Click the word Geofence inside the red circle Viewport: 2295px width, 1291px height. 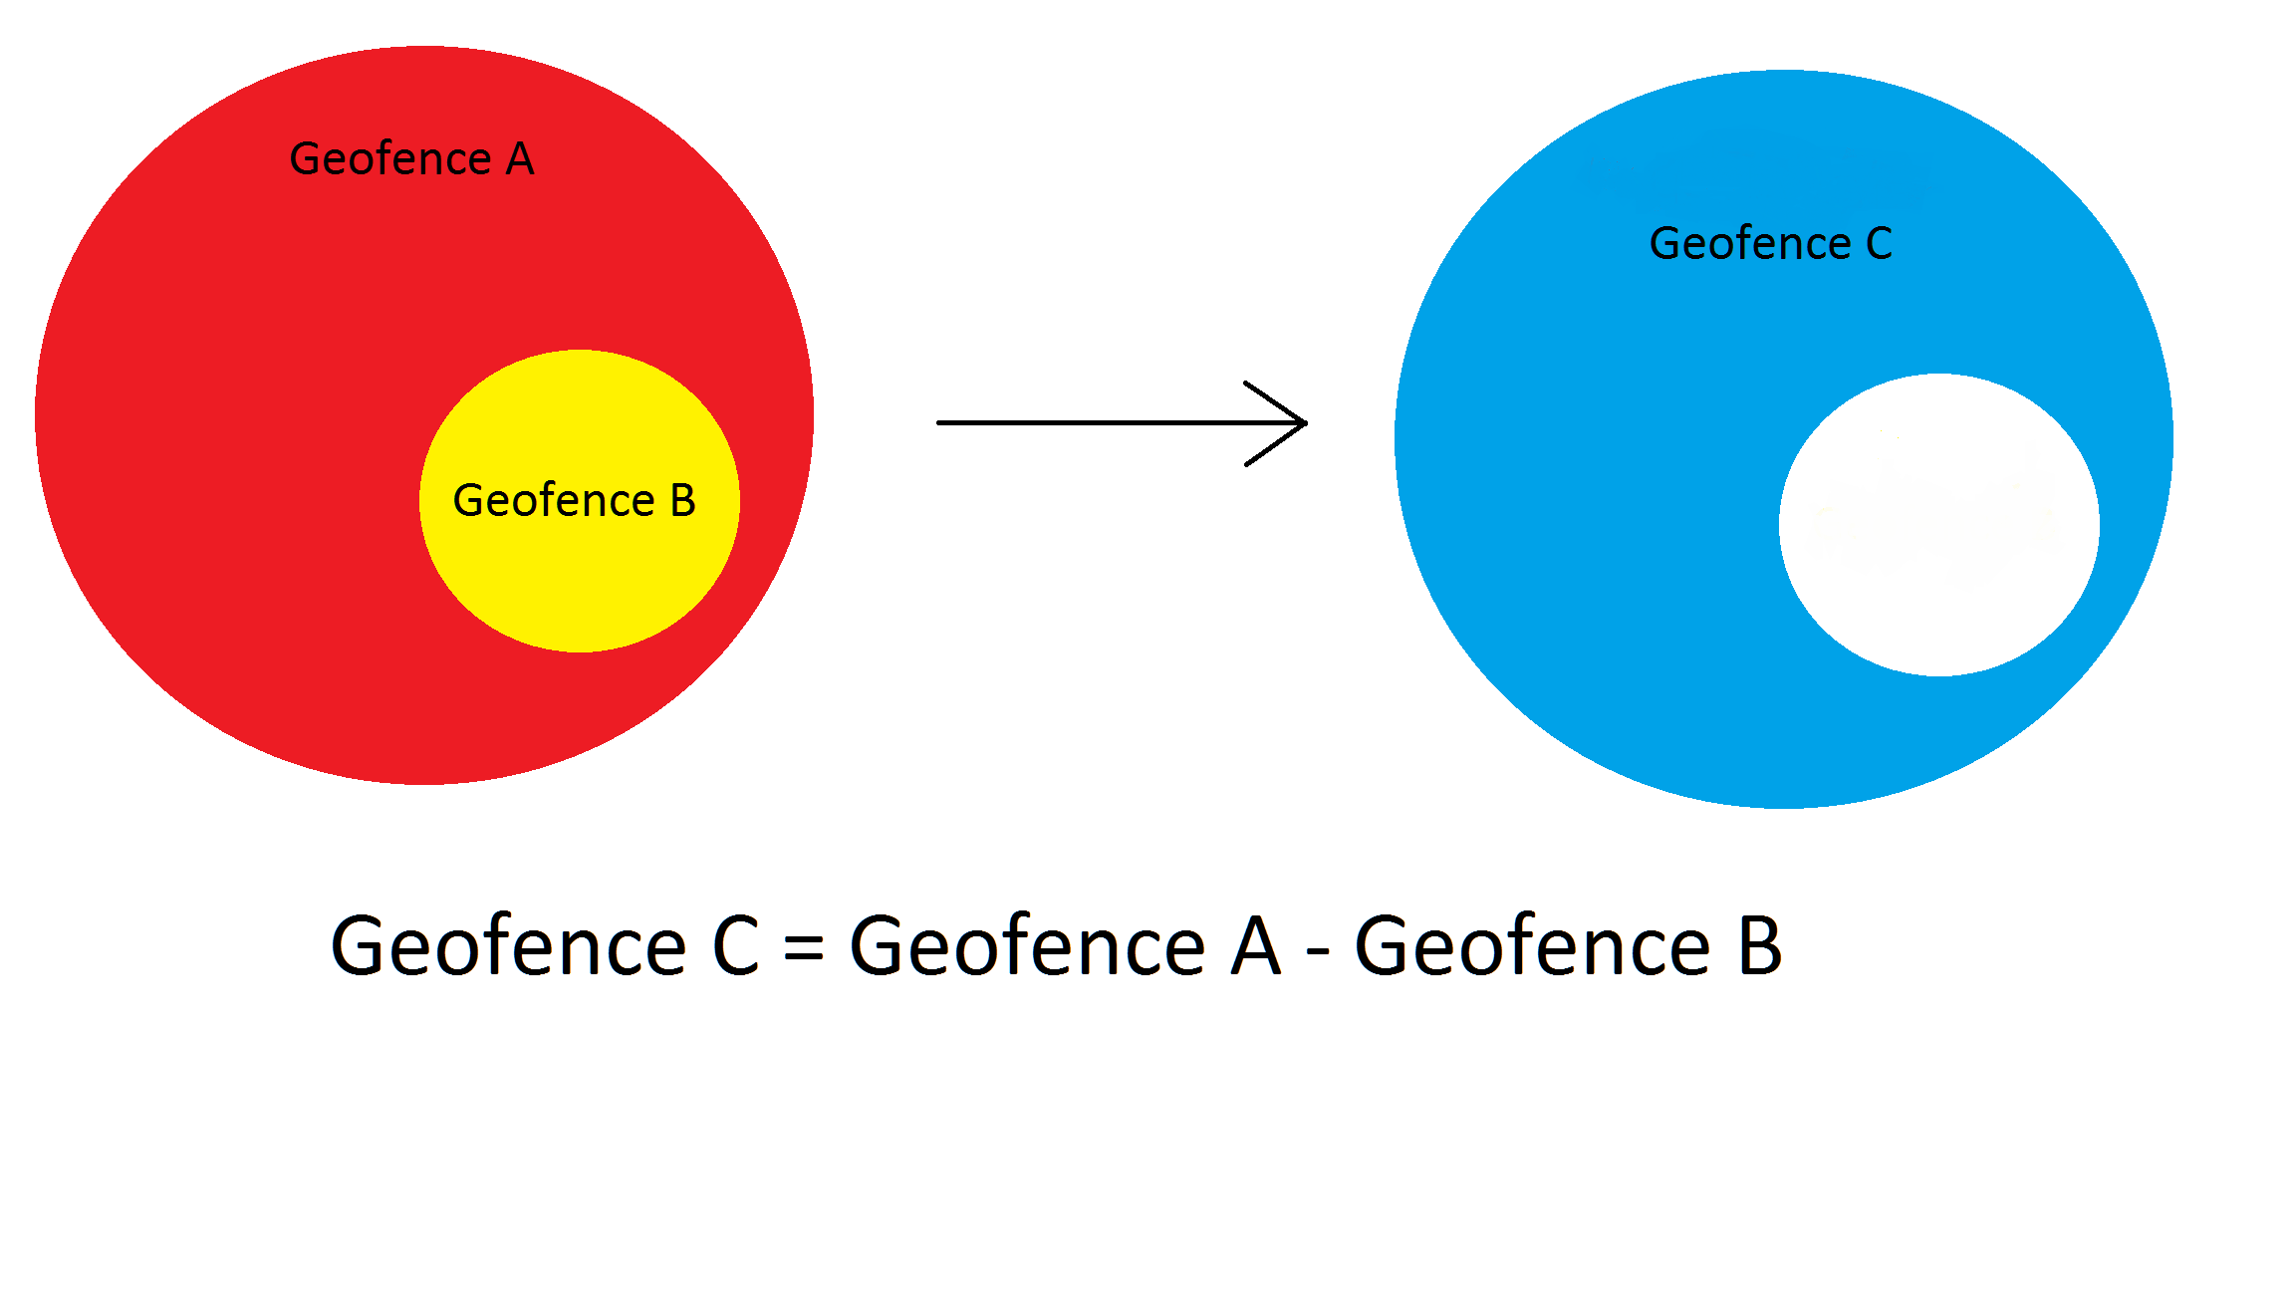(389, 159)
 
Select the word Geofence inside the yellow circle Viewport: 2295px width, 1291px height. (554, 501)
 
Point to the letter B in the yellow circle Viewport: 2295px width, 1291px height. (683, 500)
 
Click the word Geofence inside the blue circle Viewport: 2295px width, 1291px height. (1750, 244)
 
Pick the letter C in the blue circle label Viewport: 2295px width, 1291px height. (1879, 244)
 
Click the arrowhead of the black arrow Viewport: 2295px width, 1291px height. (1295, 423)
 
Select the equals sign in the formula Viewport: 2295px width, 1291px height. (803, 947)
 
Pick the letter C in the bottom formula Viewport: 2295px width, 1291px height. (736, 945)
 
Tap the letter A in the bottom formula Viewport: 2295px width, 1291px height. (1255, 945)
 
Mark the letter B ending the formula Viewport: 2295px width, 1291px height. (1760, 945)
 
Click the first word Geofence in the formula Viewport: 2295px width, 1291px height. (508, 945)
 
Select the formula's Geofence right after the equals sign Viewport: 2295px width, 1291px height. (1027, 945)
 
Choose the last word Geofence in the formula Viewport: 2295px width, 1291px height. (1533, 945)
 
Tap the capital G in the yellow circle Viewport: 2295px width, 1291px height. (468, 501)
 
